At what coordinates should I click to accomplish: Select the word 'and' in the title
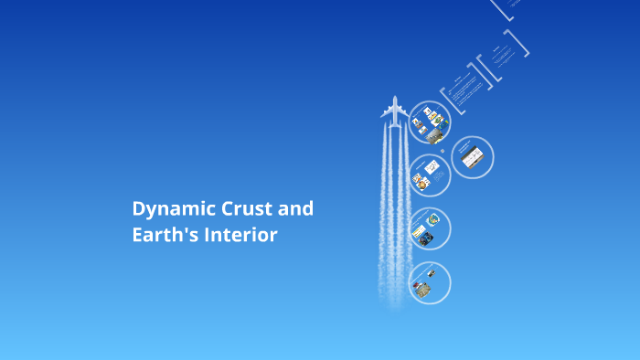[295, 208]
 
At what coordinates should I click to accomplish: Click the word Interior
[240, 235]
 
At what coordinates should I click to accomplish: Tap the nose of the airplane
[395, 98]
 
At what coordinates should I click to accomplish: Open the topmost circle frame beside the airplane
[430, 122]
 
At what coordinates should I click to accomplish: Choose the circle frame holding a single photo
[472, 157]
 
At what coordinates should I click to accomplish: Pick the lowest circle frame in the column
[429, 283]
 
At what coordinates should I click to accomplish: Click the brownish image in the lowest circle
[422, 289]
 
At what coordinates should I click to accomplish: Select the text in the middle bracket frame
[501, 58]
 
